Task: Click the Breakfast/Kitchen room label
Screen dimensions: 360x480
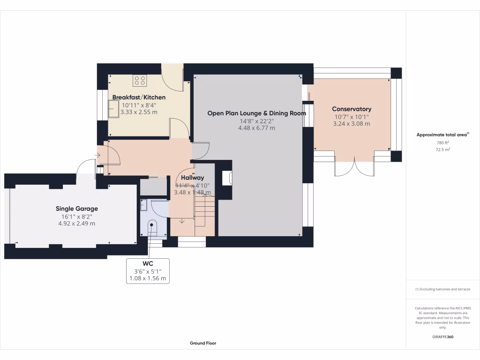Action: [x=139, y=97]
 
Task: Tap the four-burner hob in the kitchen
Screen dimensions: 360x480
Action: [x=139, y=81]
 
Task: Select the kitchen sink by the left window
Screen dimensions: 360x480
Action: [x=113, y=111]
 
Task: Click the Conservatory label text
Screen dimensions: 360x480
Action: [x=352, y=109]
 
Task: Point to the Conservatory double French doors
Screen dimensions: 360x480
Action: [x=355, y=167]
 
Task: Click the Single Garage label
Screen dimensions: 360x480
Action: [x=77, y=209]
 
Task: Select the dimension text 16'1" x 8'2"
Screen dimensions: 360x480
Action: [x=77, y=216]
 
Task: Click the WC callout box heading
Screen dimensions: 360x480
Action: [x=148, y=264]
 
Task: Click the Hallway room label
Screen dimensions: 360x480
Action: [x=192, y=178]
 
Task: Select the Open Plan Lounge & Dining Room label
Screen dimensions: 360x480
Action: [x=256, y=113]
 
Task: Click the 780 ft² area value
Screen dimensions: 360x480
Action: [x=442, y=142]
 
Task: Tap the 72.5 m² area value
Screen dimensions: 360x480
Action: [x=442, y=150]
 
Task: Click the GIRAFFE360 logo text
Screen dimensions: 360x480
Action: [x=442, y=337]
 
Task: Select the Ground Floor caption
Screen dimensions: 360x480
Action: [x=203, y=343]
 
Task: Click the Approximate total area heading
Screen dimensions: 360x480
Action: [x=442, y=135]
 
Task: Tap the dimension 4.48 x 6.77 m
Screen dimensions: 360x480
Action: [x=256, y=128]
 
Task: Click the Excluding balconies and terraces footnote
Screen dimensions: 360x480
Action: [x=442, y=289]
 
